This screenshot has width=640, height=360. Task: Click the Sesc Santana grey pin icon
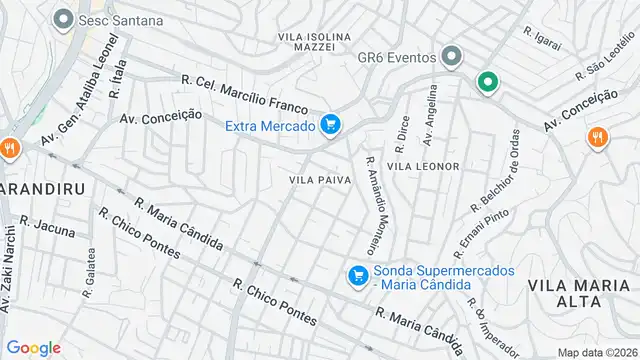click(64, 19)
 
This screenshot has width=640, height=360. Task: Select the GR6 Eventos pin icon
click(453, 57)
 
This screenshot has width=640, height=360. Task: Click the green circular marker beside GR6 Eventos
click(487, 82)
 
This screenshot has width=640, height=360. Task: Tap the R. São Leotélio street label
click(605, 62)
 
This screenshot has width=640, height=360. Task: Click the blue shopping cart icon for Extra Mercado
click(331, 125)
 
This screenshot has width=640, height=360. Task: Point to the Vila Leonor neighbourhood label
click(423, 165)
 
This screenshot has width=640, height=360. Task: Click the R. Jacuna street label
click(47, 227)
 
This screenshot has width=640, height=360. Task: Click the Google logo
click(33, 347)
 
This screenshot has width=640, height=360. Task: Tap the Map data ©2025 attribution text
click(596, 352)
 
